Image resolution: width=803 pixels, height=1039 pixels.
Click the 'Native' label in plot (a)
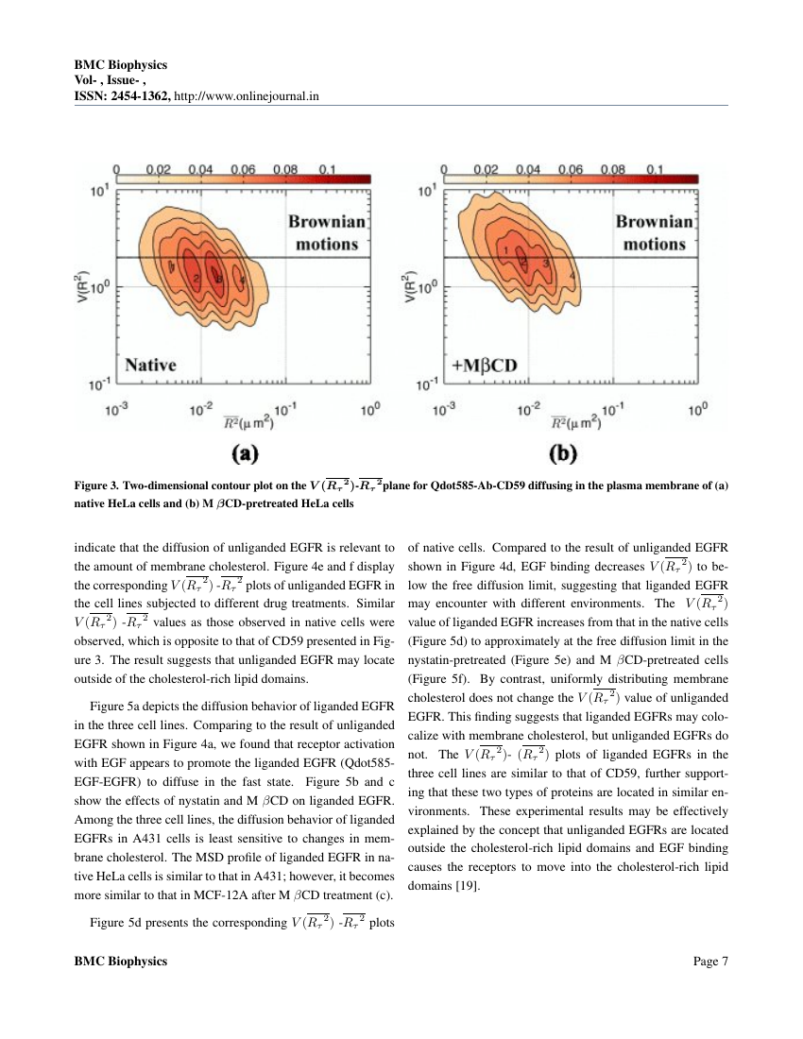pos(152,364)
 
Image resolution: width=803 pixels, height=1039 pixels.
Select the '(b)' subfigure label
pos(564,454)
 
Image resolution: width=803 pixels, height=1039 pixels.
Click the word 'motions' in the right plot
pos(651,244)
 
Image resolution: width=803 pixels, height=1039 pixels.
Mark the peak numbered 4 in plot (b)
pos(572,275)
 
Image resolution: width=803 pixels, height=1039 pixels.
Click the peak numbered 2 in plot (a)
pos(195,280)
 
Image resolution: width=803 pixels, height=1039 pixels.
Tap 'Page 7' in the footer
pos(710,962)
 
